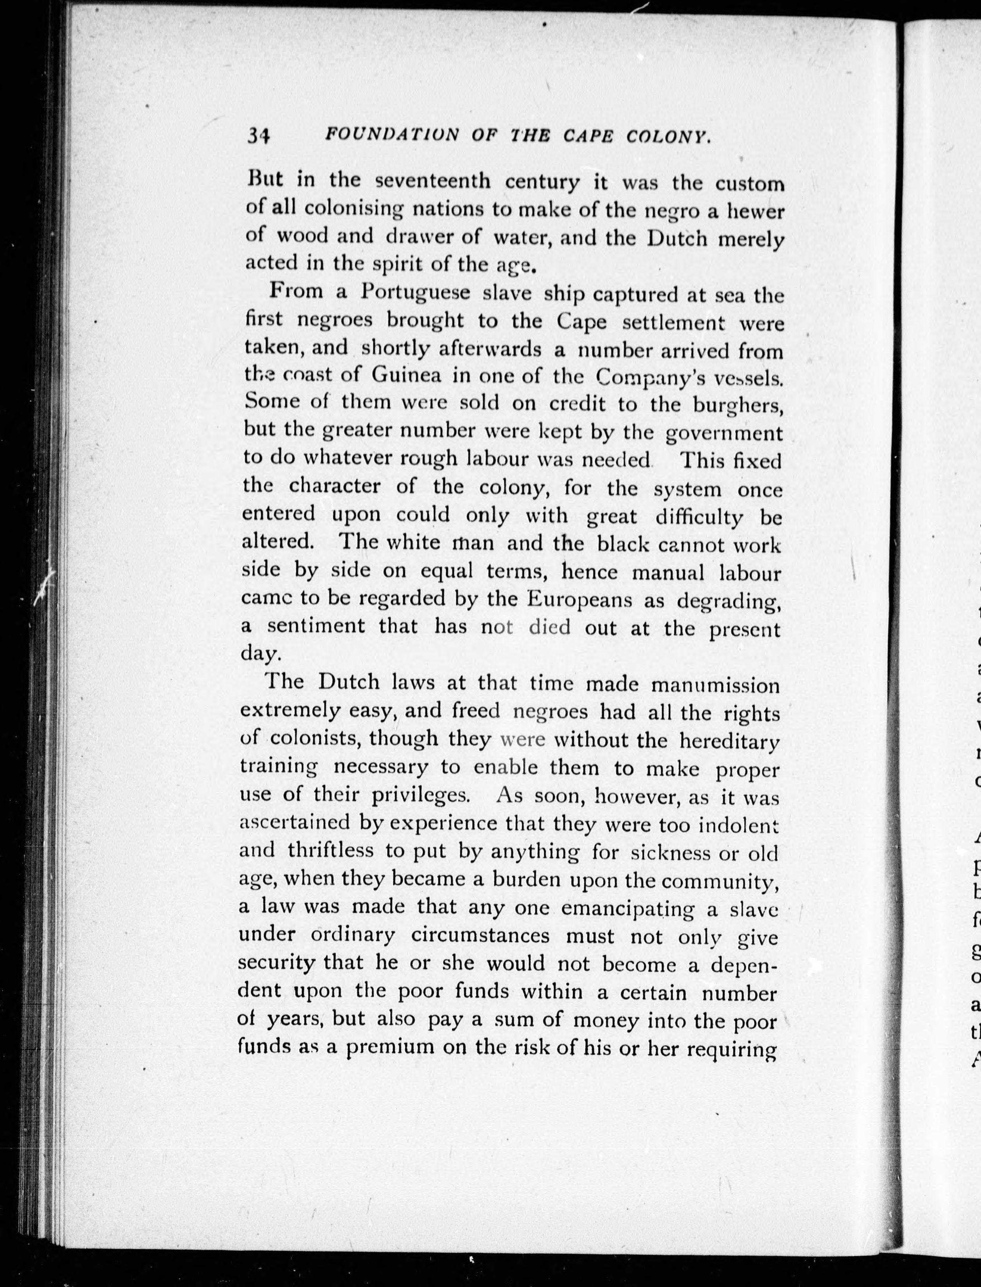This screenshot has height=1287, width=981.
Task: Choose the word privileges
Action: (x=420, y=796)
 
